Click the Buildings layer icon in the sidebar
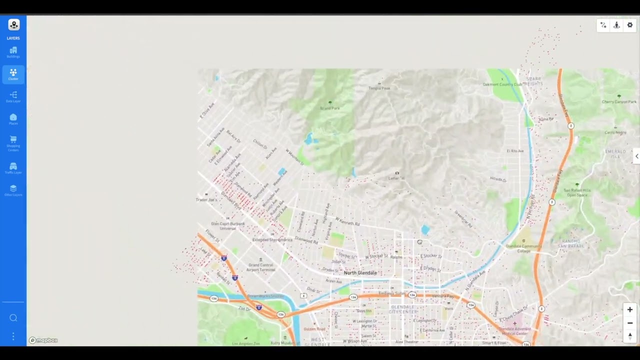pos(13,50)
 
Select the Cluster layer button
pos(13,73)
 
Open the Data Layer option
pos(13,95)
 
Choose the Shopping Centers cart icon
pos(13,139)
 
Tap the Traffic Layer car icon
pos(13,166)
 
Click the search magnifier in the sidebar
pos(13,318)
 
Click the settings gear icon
pos(629,25)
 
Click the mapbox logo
pos(43,340)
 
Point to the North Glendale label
pos(360,273)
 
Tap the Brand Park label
pos(329,108)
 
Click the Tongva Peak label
pos(379,88)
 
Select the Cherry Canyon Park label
pos(619,102)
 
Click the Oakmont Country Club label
pos(502,84)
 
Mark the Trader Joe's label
pos(206,200)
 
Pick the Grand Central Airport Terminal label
pos(260,267)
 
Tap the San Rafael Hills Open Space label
pos(577,192)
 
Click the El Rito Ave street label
pos(515,151)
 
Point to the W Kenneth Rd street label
pos(347,221)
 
